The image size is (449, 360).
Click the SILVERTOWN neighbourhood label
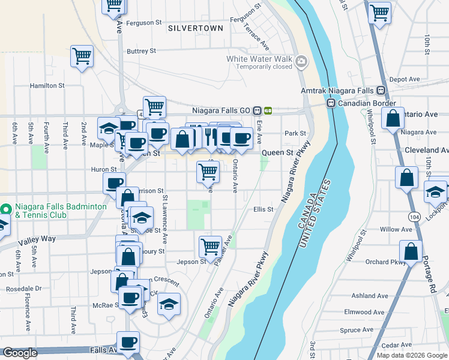[196, 28]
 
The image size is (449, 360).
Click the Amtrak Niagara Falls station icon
[381, 91]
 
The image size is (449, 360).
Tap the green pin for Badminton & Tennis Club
[5, 210]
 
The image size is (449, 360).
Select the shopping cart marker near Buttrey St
[82, 56]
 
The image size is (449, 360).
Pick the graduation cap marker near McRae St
[169, 304]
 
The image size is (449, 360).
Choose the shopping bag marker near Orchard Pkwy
[411, 251]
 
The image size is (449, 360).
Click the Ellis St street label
[264, 209]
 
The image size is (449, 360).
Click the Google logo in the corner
[20, 353]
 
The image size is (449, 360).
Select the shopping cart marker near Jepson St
[210, 246]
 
